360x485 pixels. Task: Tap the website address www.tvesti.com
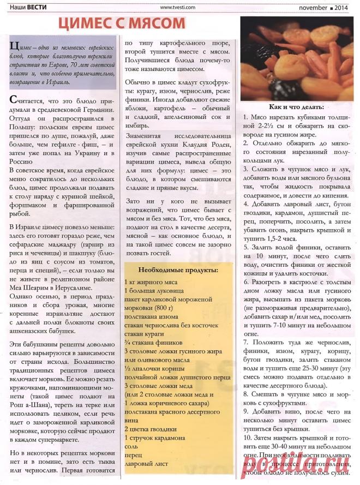pos(178,7)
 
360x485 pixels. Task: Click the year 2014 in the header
pos(341,7)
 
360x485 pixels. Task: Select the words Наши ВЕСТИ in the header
pos(27,7)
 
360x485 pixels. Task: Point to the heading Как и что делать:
pos(296,106)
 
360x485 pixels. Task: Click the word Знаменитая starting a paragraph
pos(142,135)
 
